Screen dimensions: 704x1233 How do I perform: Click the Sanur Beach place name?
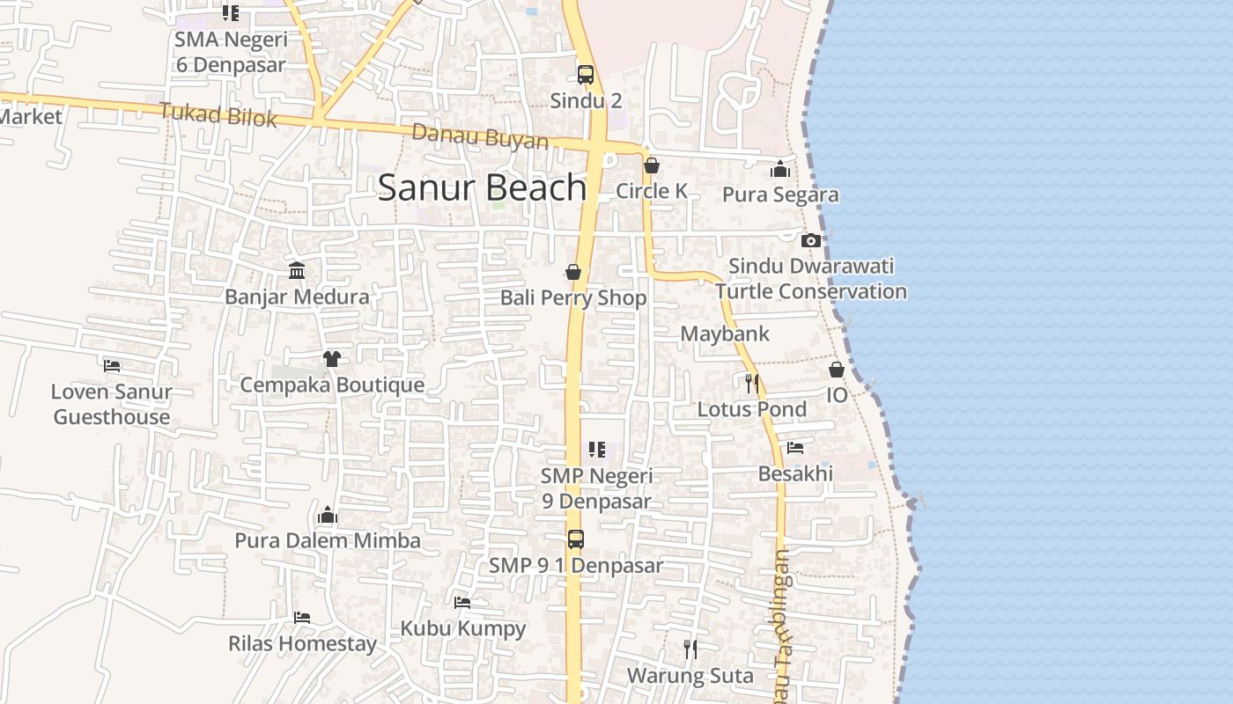coord(482,187)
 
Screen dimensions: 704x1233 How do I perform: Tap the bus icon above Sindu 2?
coord(586,74)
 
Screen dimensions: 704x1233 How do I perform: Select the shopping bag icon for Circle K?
coord(652,165)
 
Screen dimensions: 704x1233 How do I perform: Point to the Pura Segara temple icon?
coord(780,169)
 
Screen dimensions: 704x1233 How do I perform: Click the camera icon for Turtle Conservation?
coord(811,240)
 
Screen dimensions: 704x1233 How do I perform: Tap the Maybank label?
coord(725,334)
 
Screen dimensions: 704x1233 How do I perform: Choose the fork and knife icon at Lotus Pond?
coord(751,383)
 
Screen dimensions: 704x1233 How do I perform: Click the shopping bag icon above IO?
coord(837,370)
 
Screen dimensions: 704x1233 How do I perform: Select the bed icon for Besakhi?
coord(795,448)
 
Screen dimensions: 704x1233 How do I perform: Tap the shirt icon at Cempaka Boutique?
coord(331,358)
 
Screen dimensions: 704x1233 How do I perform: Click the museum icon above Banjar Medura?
coord(297,270)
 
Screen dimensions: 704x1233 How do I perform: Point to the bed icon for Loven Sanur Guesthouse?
coord(112,365)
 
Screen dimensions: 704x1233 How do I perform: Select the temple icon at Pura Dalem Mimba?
coord(328,514)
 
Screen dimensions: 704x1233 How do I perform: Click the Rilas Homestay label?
coord(302,643)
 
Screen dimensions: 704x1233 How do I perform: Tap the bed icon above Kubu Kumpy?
coord(462,603)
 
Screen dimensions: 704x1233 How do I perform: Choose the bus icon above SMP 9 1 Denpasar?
coord(575,539)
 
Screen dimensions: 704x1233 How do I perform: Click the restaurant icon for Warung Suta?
coord(690,649)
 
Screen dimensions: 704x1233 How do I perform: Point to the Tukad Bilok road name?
coord(218,114)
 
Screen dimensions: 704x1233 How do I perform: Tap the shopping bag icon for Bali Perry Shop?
coord(573,272)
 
